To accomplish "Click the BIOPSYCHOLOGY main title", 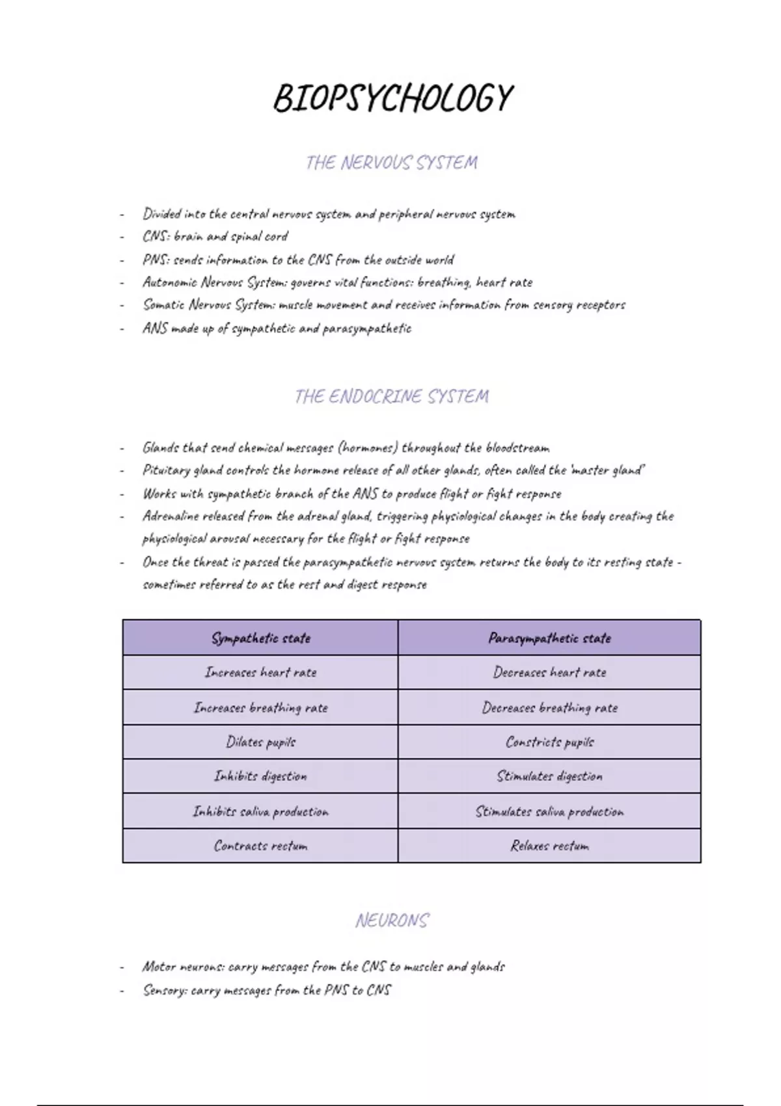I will (x=392, y=99).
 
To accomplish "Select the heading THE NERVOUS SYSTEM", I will (x=391, y=163).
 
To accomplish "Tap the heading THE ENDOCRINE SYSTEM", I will (x=391, y=396).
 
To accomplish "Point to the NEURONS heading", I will (x=392, y=921).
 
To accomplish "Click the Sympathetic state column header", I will (x=260, y=638).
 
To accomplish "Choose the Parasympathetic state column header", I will (x=549, y=638).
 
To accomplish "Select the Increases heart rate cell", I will (x=260, y=672).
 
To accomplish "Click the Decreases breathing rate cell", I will (x=549, y=707).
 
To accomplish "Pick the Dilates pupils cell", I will (x=260, y=742).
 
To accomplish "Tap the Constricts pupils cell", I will (x=549, y=742).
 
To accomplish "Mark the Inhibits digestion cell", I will (x=260, y=776).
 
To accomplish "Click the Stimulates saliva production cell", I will (x=549, y=811).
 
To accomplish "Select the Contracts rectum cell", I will (x=260, y=846).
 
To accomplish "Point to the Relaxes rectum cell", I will (x=549, y=846).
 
